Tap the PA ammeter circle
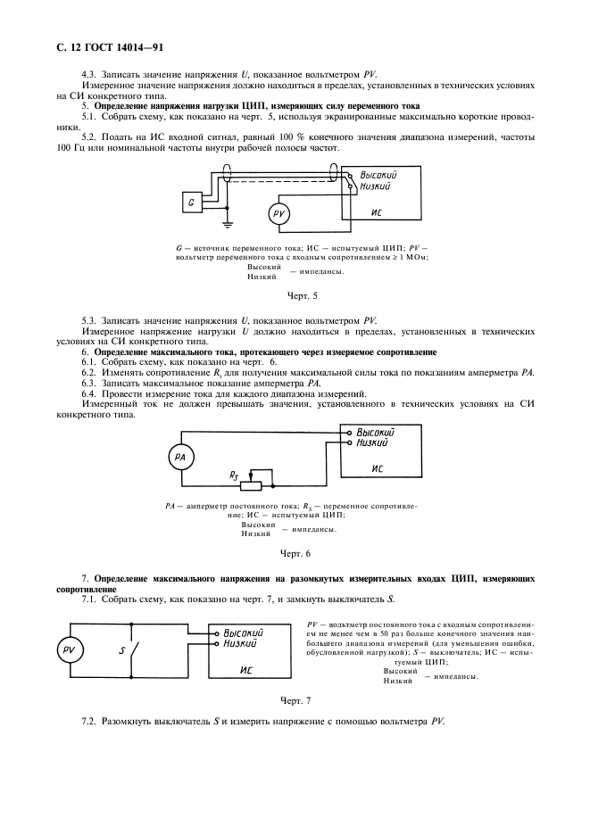[180, 458]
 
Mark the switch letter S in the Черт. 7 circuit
[121, 650]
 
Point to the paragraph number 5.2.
[90, 137]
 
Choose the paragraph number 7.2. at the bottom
[90, 720]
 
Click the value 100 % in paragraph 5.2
[277, 137]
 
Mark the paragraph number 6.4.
[90, 394]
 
